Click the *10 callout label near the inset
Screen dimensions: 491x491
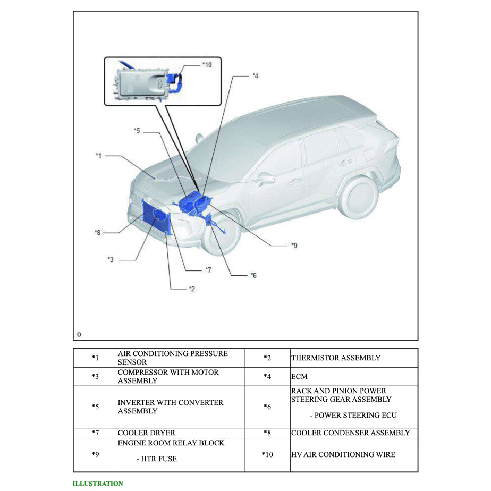207,65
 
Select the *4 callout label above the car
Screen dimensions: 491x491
256,76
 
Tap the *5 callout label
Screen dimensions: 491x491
137,131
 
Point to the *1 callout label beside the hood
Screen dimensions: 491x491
98,156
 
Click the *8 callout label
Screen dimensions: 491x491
97,232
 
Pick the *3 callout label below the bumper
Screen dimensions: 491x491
110,259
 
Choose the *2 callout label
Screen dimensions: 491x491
192,289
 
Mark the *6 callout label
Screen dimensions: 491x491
253,275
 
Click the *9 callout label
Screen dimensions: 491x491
294,245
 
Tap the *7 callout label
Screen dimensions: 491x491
208,270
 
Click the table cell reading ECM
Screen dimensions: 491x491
300,376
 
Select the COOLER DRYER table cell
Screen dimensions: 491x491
147,433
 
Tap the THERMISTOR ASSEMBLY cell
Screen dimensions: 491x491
335,358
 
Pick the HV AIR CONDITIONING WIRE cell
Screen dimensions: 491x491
343,454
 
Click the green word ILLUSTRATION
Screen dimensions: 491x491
98,484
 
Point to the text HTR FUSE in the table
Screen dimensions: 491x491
156,459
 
